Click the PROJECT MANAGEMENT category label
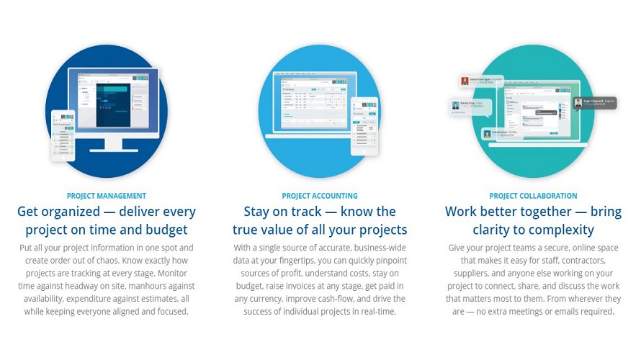click(x=107, y=196)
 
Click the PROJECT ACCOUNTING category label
click(x=320, y=196)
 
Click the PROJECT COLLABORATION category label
click(x=533, y=196)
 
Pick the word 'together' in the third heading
click(x=538, y=212)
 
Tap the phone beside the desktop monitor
click(x=63, y=135)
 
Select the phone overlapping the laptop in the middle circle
click(x=364, y=126)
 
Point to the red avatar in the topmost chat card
click(x=465, y=81)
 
